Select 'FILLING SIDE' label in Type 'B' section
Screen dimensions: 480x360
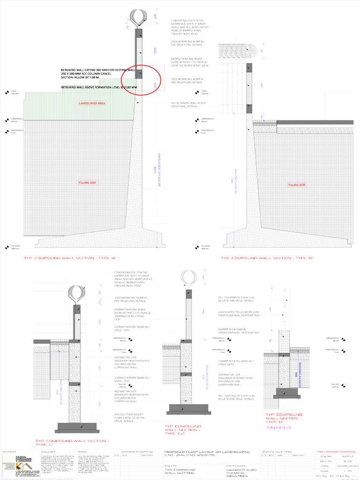pos(297,185)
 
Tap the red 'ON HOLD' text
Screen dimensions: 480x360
pos(278,428)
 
